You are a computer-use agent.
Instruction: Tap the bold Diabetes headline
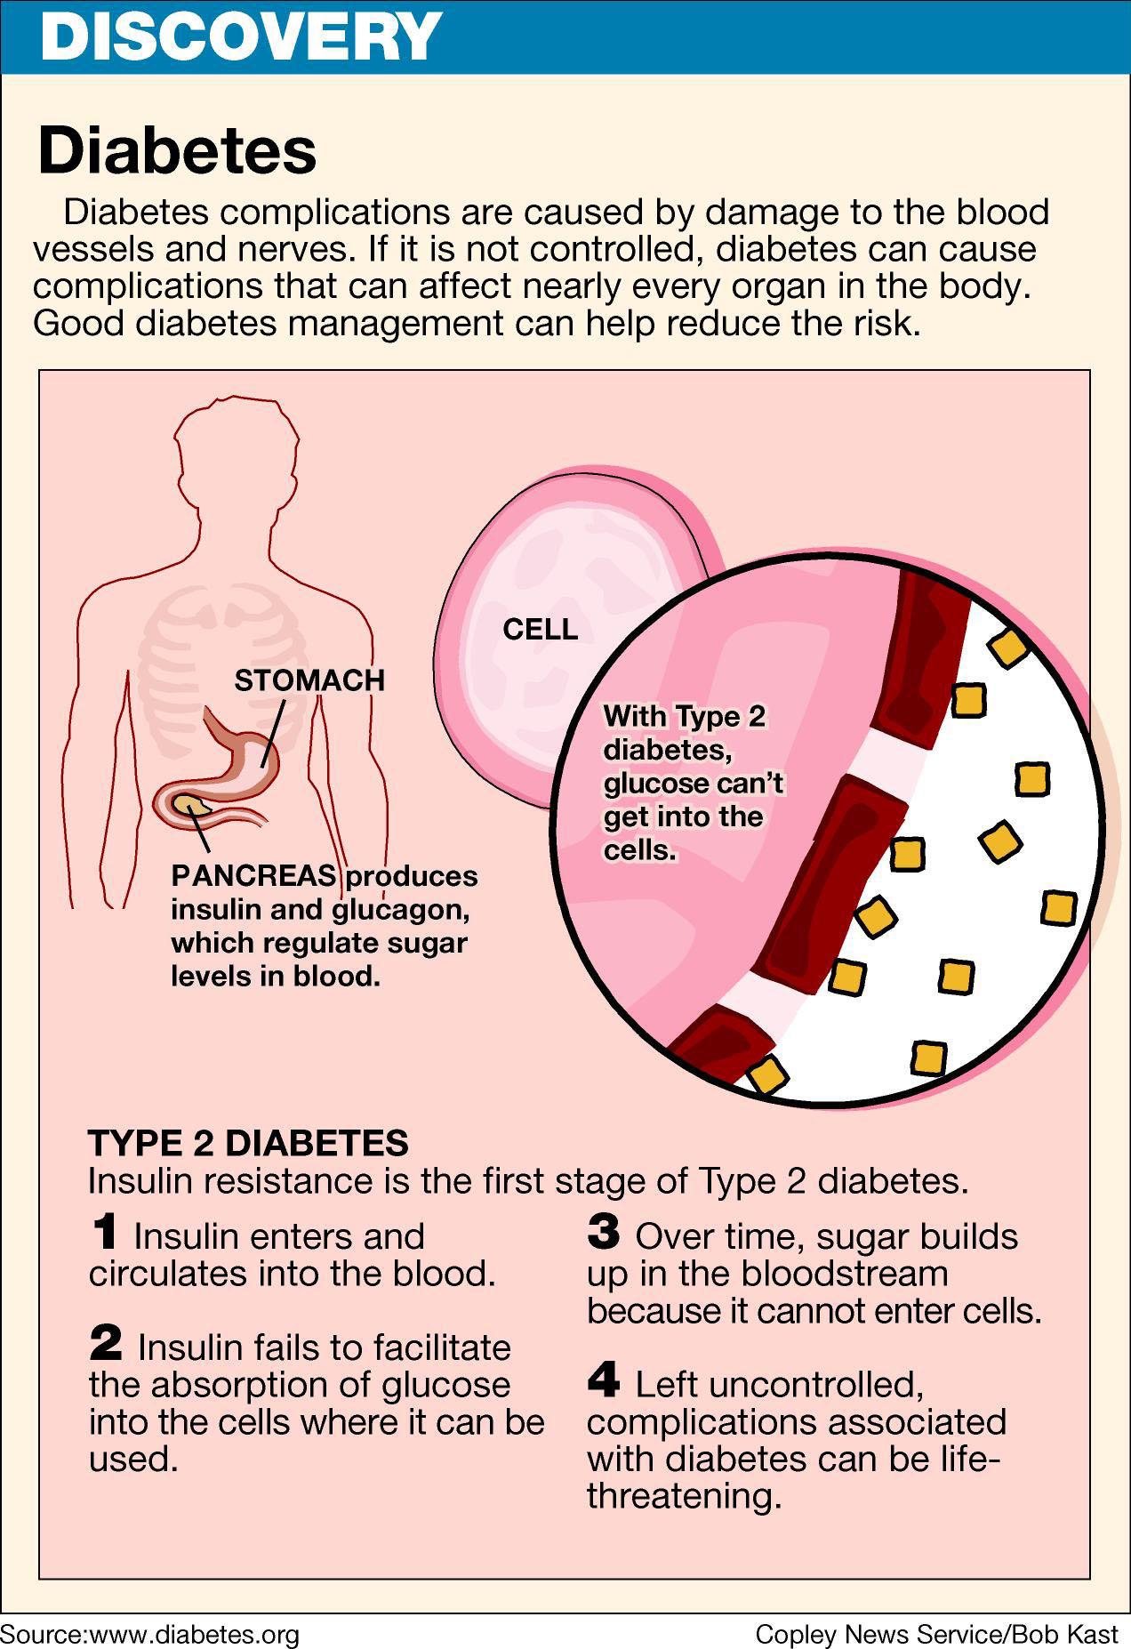click(177, 150)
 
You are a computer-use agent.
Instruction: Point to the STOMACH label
click(309, 680)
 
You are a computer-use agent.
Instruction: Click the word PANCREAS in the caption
click(254, 876)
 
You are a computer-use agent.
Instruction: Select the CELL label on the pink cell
click(540, 630)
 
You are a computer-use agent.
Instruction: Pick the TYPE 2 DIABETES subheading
click(248, 1143)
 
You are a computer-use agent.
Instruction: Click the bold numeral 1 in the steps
click(104, 1233)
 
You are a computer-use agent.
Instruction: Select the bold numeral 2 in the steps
click(106, 1344)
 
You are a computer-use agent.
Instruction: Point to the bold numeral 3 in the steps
click(604, 1233)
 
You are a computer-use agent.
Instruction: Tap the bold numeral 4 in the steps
click(604, 1380)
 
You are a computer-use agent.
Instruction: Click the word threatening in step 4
click(684, 1496)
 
